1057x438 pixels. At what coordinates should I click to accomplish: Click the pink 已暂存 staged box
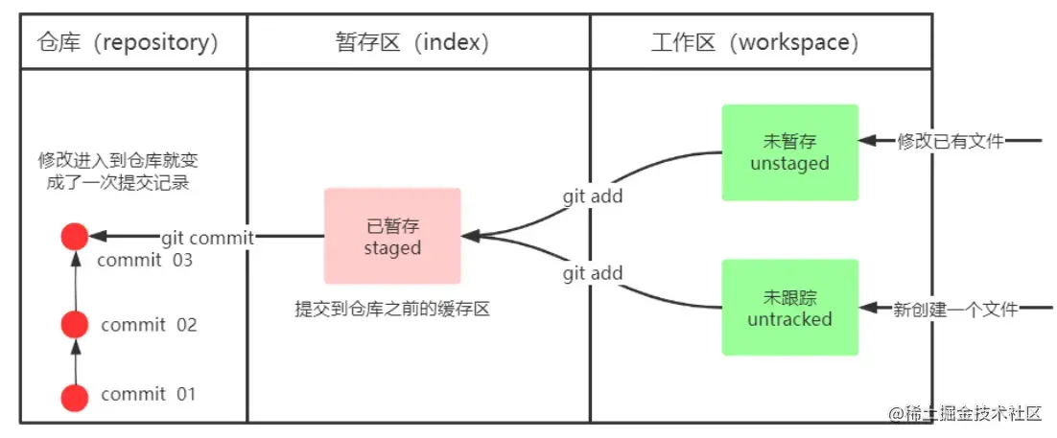pos(392,236)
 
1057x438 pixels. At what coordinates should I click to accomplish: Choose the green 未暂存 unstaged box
pos(789,152)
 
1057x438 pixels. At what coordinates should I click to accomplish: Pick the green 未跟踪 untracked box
pos(789,308)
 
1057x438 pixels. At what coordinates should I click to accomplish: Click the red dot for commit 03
pos(74,236)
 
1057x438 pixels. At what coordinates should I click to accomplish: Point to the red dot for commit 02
pos(74,325)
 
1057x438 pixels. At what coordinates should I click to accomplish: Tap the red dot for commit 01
pos(74,396)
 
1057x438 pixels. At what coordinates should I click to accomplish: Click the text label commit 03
pos(146,260)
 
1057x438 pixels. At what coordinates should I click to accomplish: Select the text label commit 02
pos(149,325)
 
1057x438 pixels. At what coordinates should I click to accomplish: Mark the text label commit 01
pos(149,394)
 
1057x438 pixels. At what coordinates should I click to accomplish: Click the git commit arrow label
pos(206,238)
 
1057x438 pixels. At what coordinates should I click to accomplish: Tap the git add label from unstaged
pos(592,196)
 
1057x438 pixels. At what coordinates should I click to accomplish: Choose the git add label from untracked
pos(592,273)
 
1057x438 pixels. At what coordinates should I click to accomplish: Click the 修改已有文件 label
pos(950,142)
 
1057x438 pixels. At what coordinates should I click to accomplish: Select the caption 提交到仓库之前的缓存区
pos(392,310)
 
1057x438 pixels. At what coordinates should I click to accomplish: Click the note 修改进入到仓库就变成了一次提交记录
pos(118,171)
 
